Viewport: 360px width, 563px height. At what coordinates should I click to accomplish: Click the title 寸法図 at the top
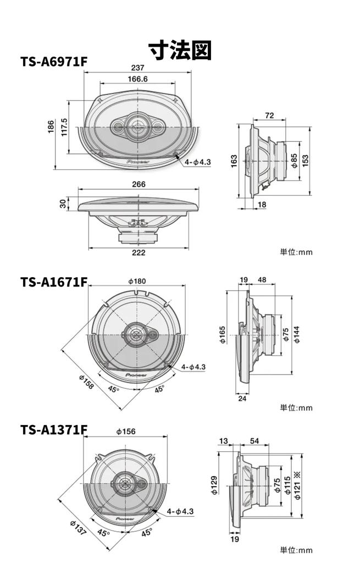coord(180,50)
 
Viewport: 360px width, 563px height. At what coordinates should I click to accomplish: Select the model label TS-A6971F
coord(54,62)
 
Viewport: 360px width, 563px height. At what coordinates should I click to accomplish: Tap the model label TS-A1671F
coord(54,282)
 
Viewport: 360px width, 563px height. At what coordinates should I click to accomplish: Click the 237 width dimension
coord(137,68)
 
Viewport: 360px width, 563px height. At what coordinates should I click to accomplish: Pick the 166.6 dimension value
coord(137,79)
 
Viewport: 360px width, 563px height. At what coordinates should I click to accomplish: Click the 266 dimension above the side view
coord(139,185)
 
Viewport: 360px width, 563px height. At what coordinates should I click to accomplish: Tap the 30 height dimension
coord(63,203)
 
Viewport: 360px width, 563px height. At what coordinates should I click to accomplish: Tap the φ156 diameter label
coord(126,432)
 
